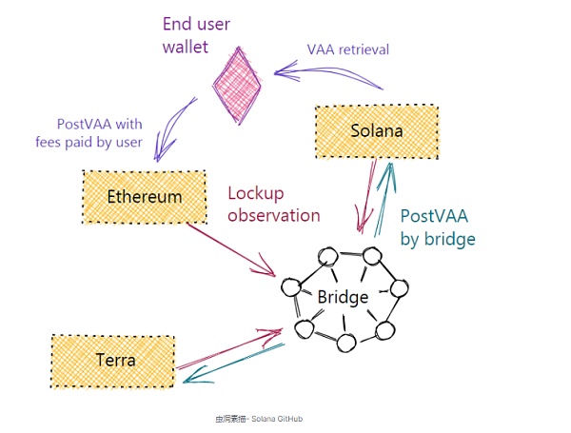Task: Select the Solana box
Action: (x=376, y=130)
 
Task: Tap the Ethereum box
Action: (x=144, y=197)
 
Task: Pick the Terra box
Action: (x=113, y=361)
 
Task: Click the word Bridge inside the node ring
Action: (x=343, y=297)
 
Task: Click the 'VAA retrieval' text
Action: (x=347, y=49)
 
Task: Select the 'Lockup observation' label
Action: (x=274, y=204)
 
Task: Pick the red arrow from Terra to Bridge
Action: (x=228, y=349)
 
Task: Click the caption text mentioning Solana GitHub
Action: (x=259, y=418)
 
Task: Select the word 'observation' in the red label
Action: (x=274, y=215)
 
